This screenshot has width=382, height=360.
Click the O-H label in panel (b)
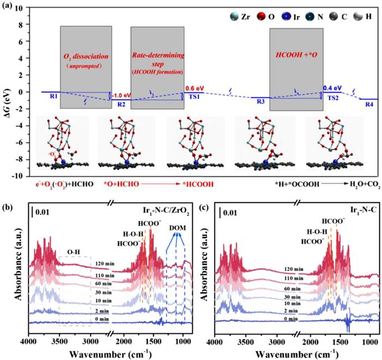[74, 251]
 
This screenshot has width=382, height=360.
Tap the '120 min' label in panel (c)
[294, 269]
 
